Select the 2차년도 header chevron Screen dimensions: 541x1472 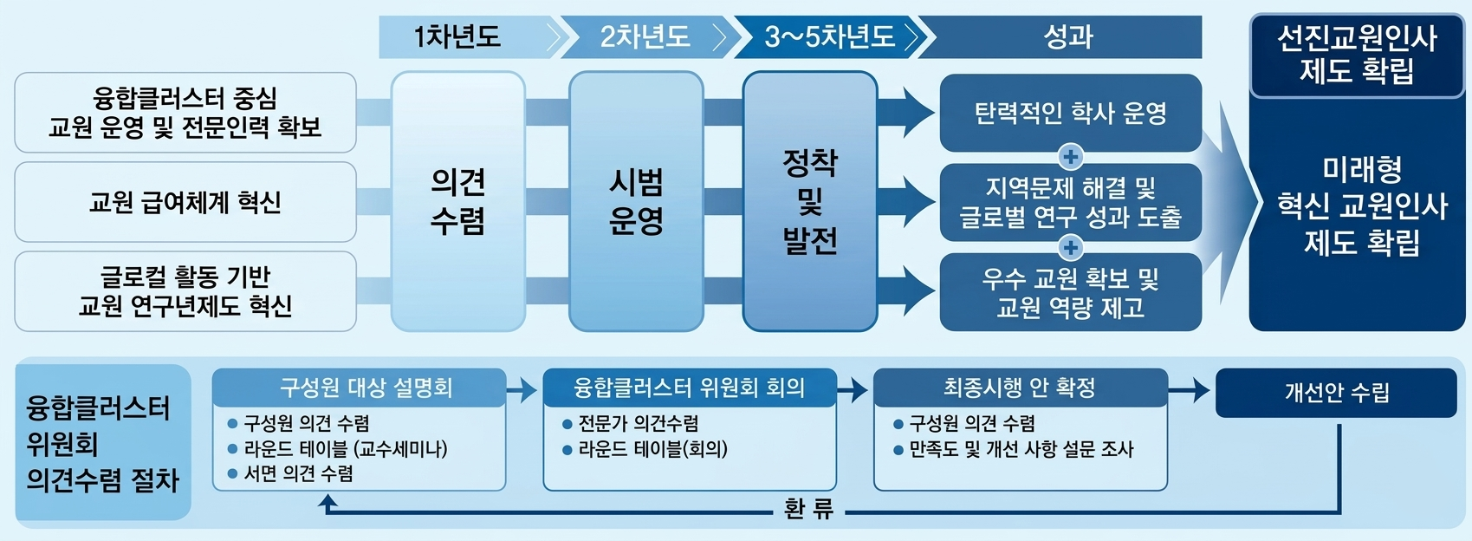[x=645, y=37]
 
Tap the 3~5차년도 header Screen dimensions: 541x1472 [x=829, y=37]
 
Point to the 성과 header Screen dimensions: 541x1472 [x=1068, y=37]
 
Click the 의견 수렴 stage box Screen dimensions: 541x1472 [x=457, y=201]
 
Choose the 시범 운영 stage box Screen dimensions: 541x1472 [x=636, y=201]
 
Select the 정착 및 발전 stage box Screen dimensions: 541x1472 [x=810, y=201]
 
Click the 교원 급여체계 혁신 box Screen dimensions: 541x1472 [x=185, y=202]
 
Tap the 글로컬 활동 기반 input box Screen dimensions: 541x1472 [x=185, y=291]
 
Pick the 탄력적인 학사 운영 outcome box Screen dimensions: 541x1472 [x=1070, y=113]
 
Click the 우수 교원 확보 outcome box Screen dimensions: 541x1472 [x=1070, y=292]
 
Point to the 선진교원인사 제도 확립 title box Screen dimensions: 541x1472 [x=1357, y=54]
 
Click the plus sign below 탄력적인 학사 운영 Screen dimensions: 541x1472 [x=1071, y=157]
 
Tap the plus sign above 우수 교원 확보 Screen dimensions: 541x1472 [x=1071, y=248]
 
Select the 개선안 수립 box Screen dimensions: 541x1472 [x=1336, y=393]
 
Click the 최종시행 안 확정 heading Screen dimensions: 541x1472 [x=1020, y=388]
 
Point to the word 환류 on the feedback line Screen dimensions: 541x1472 [x=808, y=509]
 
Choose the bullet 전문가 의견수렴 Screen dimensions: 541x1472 [x=638, y=424]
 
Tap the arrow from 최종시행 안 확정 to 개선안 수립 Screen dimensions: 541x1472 [x=1190, y=390]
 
